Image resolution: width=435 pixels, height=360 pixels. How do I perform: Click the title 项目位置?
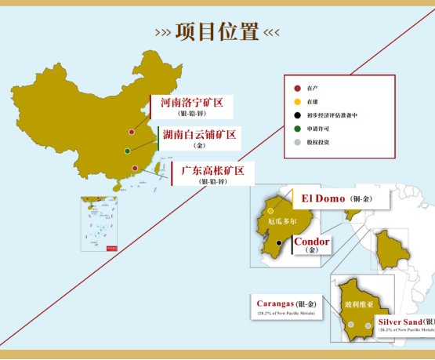pyautogui.click(x=217, y=32)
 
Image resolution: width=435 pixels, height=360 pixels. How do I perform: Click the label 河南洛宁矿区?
pyautogui.click(x=192, y=103)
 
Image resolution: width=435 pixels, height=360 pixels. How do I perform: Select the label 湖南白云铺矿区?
pyautogui.click(x=199, y=135)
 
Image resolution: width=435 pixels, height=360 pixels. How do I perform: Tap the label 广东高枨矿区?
pyautogui.click(x=212, y=169)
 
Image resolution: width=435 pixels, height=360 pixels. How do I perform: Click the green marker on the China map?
pyautogui.click(x=127, y=151)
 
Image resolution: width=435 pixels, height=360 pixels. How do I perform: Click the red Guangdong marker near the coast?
pyautogui.click(x=135, y=168)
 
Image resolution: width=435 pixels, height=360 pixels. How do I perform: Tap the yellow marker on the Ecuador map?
pyautogui.click(x=270, y=211)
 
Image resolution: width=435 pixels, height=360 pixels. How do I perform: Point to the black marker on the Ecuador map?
pyautogui.click(x=278, y=243)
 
